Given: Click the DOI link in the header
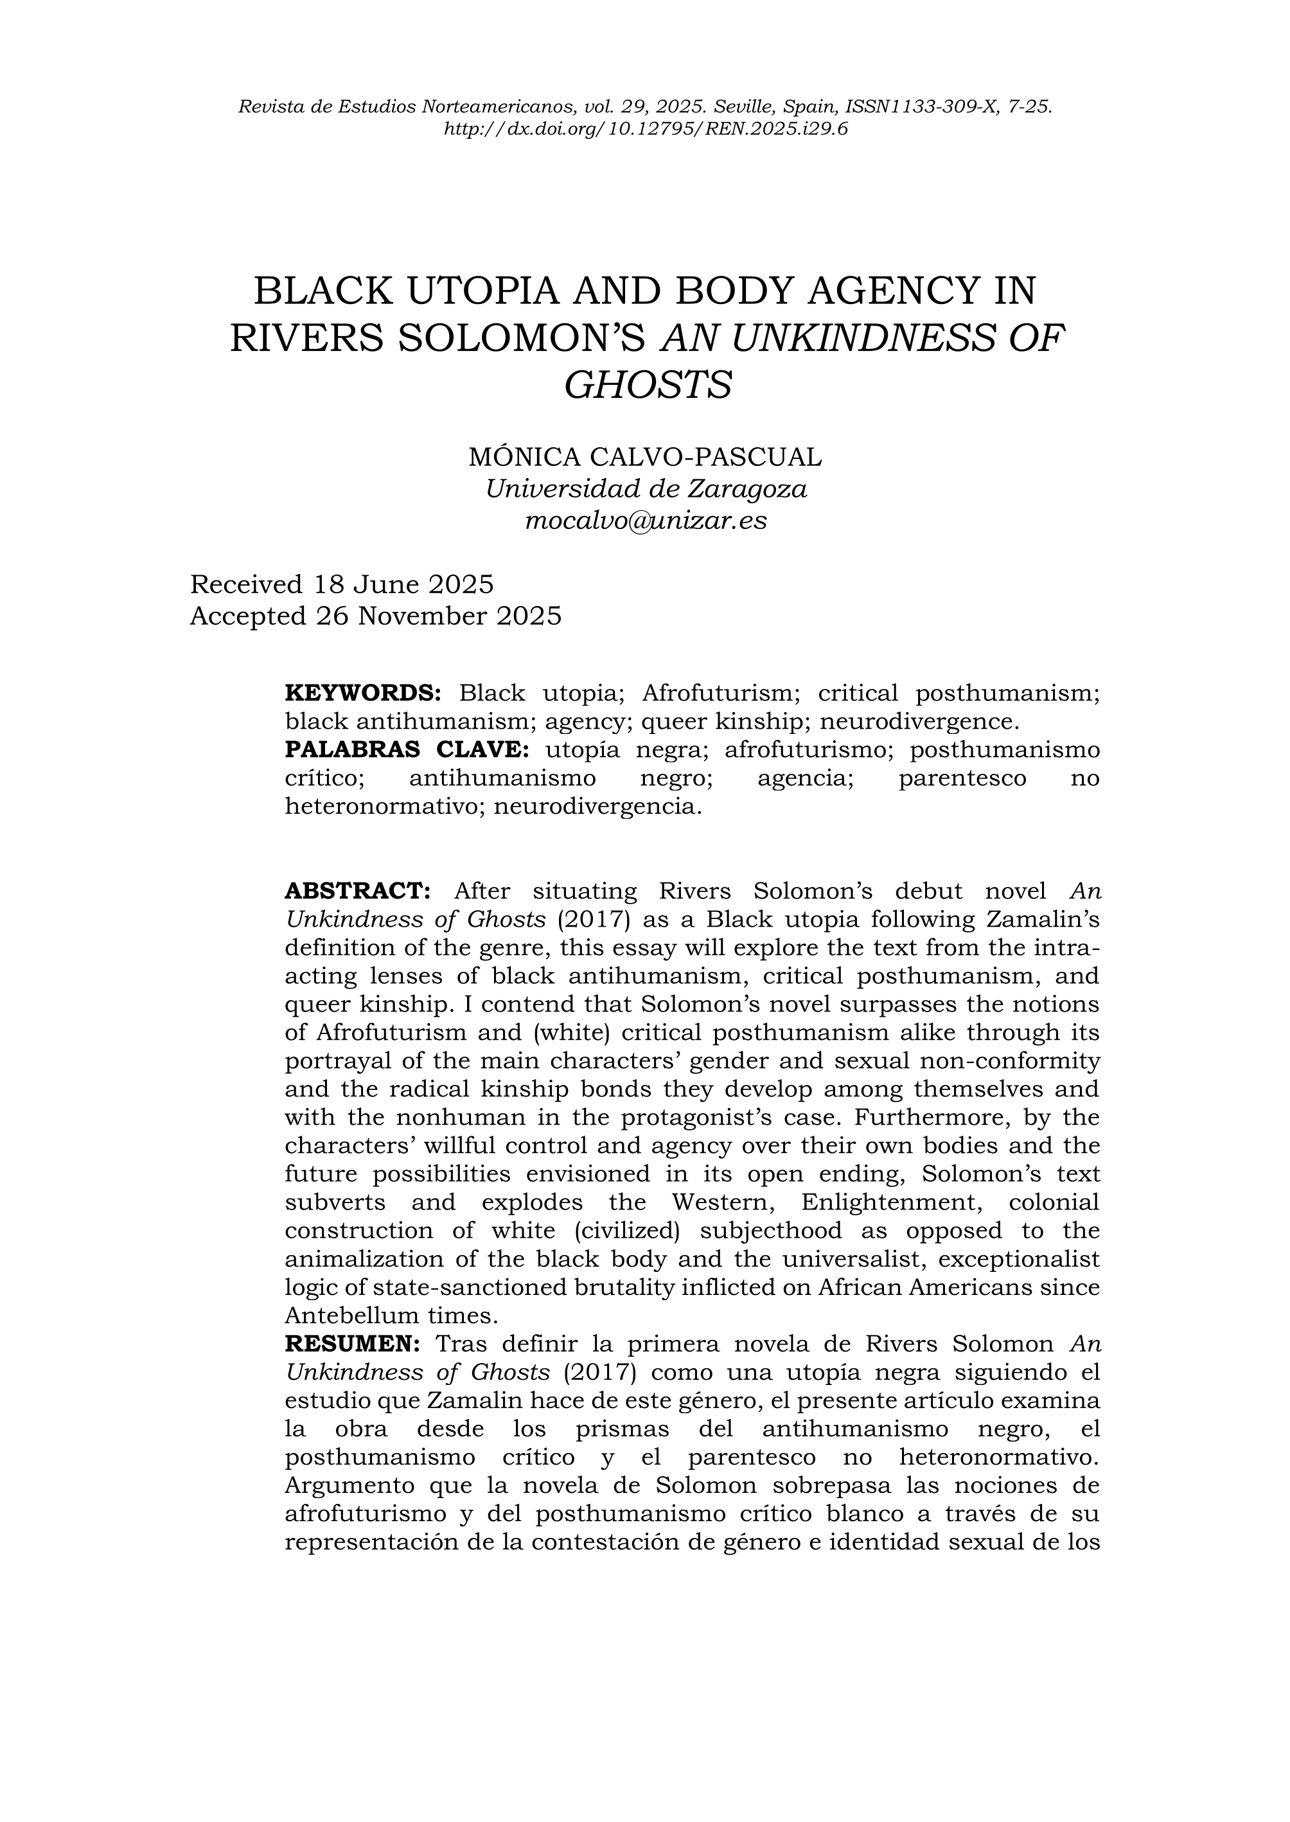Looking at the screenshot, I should (x=645, y=128).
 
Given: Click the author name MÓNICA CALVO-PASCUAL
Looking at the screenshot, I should (x=645, y=457).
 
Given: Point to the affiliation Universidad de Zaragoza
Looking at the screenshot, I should (x=646, y=488).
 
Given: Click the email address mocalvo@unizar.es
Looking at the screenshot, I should (x=646, y=521).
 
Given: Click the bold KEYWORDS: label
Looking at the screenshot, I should (x=362, y=693).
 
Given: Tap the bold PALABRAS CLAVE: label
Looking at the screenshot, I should (x=406, y=749).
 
